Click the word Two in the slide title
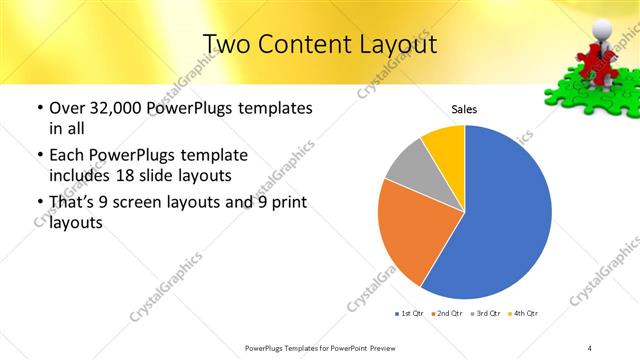(226, 44)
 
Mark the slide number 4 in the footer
(590, 347)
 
